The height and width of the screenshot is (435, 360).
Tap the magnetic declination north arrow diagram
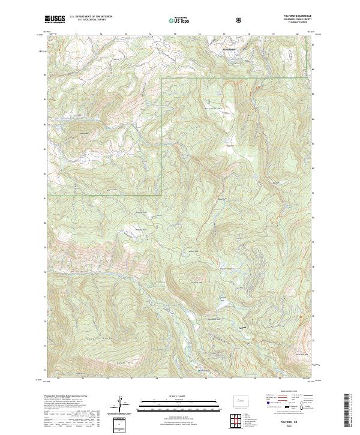(x=122, y=406)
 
